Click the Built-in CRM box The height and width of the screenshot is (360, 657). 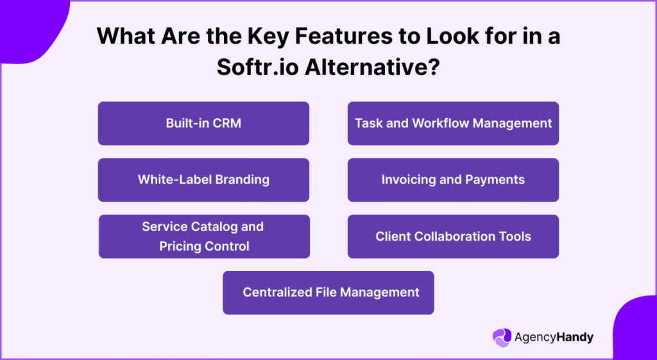[x=203, y=123]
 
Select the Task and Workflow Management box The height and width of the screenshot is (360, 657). [x=453, y=123]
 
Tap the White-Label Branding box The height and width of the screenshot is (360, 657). [x=203, y=180]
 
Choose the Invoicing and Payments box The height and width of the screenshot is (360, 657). [x=453, y=180]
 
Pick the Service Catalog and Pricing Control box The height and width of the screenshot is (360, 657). [x=204, y=236]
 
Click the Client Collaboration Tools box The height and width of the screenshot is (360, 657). [x=453, y=236]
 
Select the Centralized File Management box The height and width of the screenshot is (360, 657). [x=328, y=293]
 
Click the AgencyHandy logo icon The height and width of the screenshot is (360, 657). [x=502, y=337]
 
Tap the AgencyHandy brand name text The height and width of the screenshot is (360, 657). [x=554, y=337]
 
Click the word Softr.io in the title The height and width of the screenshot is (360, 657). [x=257, y=67]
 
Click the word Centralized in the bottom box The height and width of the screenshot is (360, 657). [x=277, y=293]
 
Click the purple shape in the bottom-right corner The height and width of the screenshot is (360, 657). [x=635, y=330]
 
